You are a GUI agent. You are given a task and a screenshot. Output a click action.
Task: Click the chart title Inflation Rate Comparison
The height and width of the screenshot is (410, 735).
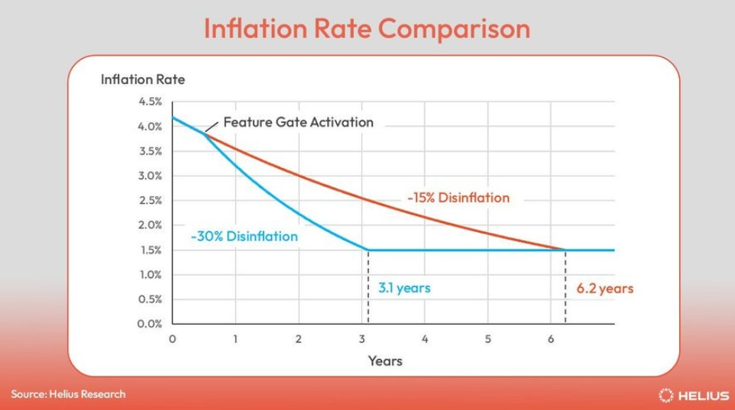point(367,29)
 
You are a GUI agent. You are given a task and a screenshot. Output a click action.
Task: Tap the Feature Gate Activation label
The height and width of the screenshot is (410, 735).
point(298,122)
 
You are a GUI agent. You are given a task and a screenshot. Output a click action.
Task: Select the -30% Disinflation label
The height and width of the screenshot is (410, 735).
point(244,236)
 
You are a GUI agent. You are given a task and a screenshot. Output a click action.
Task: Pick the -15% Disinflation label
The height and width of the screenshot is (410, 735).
point(458,198)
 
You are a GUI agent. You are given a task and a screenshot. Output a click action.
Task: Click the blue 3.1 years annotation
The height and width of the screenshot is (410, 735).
point(404,288)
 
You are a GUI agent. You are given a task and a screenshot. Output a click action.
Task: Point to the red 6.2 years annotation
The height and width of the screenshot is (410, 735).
point(604,288)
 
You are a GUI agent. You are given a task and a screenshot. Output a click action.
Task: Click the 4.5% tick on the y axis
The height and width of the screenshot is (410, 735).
point(150,102)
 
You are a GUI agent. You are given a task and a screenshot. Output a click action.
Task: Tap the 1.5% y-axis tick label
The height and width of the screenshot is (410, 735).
point(151,250)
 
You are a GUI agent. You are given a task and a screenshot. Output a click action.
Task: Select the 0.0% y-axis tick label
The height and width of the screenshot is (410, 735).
point(150,324)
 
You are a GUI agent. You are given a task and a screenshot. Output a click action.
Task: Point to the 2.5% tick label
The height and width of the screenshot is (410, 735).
point(150,201)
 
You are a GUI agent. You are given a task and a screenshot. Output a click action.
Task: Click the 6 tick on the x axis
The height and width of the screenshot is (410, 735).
point(551,339)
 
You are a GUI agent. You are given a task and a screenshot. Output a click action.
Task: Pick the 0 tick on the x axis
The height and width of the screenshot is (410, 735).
point(173,339)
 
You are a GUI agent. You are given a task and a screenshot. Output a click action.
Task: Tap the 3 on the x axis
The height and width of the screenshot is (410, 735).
point(361,339)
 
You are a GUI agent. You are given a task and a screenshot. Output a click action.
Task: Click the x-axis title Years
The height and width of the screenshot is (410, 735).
point(385,361)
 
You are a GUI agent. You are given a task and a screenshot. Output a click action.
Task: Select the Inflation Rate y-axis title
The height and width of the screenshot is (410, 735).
point(143,79)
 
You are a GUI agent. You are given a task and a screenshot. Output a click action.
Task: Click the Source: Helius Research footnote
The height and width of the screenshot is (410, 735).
point(69,394)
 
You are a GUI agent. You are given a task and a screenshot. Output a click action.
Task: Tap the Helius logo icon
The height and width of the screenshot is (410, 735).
point(665,395)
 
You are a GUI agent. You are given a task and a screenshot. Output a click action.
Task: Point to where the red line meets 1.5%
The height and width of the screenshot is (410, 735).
point(565,250)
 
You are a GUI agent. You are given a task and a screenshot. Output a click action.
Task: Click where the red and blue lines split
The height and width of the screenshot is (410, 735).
point(204,134)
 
